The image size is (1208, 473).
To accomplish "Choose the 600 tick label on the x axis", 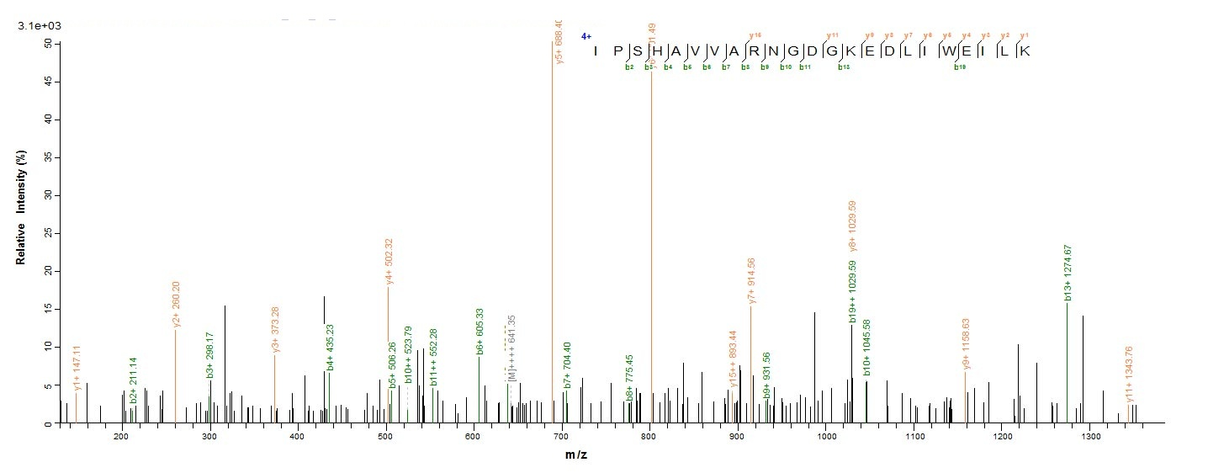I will (x=473, y=437).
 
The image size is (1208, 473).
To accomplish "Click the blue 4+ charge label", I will (x=586, y=37).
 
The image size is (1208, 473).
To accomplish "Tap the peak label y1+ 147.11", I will (x=77, y=368).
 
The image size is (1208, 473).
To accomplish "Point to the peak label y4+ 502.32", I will (x=389, y=262).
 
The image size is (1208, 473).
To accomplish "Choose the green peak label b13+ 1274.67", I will (x=1068, y=273).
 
